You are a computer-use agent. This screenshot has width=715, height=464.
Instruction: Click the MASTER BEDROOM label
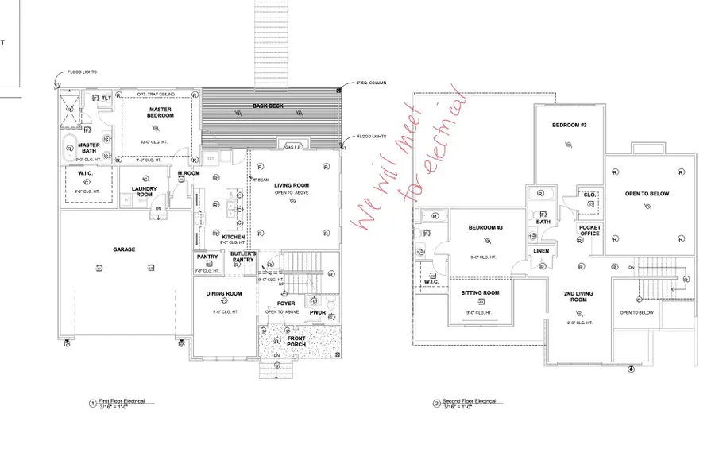[161, 112]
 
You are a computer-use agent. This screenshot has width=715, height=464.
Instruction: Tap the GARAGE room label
[123, 249]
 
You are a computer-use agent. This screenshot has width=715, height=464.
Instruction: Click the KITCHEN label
[234, 238]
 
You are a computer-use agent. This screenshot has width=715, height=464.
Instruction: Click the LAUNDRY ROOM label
[144, 191]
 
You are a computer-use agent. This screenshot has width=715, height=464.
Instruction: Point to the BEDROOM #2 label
[570, 126]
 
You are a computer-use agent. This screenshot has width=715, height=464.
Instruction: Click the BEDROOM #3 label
[485, 228]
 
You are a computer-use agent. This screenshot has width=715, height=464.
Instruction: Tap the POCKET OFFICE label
[589, 230]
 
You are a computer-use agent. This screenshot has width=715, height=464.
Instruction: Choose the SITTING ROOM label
[481, 293]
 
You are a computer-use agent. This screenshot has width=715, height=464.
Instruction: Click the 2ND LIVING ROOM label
[578, 296]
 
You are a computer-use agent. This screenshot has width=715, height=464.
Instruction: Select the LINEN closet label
[541, 251]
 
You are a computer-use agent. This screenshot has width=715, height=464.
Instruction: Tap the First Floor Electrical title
[121, 401]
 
